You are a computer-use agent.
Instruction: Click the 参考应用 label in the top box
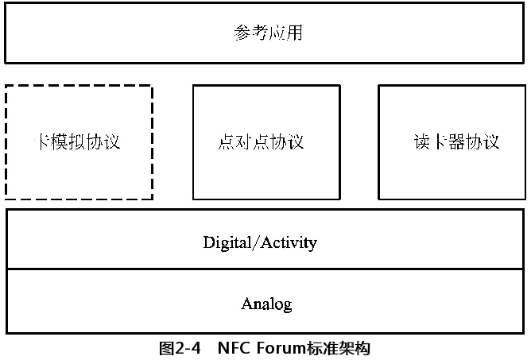(268, 34)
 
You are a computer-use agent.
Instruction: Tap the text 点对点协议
(261, 142)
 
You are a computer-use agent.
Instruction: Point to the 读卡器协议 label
(456, 142)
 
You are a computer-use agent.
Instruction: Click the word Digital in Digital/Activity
(227, 242)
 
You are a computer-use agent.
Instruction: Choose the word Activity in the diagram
(287, 242)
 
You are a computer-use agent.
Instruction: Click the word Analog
(266, 304)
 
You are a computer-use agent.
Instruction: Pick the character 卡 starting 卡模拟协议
(45, 142)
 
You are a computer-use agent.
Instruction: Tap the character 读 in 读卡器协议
(421, 142)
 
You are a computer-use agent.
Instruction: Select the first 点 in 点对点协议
(226, 142)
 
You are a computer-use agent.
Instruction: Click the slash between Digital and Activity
(254, 242)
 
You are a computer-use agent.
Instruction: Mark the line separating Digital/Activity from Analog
(265, 269)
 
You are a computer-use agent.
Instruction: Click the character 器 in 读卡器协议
(456, 142)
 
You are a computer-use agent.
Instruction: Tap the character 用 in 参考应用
(294, 34)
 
